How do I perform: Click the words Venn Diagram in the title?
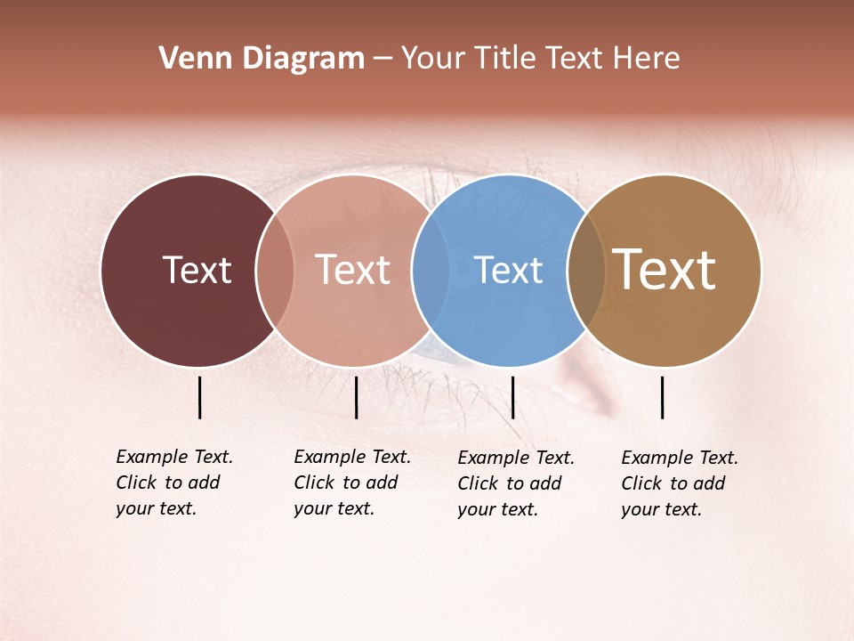(262, 59)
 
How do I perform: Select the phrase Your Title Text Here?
(540, 59)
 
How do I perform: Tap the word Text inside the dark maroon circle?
(197, 270)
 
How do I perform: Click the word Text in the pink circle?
(353, 270)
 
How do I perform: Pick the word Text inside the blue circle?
(509, 270)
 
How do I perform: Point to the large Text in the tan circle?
(665, 270)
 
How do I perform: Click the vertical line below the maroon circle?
(199, 397)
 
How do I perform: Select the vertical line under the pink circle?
(356, 397)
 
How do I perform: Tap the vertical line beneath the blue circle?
(512, 397)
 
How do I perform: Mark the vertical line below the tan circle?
(662, 397)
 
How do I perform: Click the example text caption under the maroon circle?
(174, 483)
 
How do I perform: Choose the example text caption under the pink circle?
(352, 483)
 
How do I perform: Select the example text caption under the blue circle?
(516, 483)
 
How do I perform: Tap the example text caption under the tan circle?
(680, 483)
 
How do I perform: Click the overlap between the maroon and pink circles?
(275, 270)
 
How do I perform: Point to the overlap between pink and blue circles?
(431, 270)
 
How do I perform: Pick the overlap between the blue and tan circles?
(586, 270)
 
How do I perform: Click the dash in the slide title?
(383, 60)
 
